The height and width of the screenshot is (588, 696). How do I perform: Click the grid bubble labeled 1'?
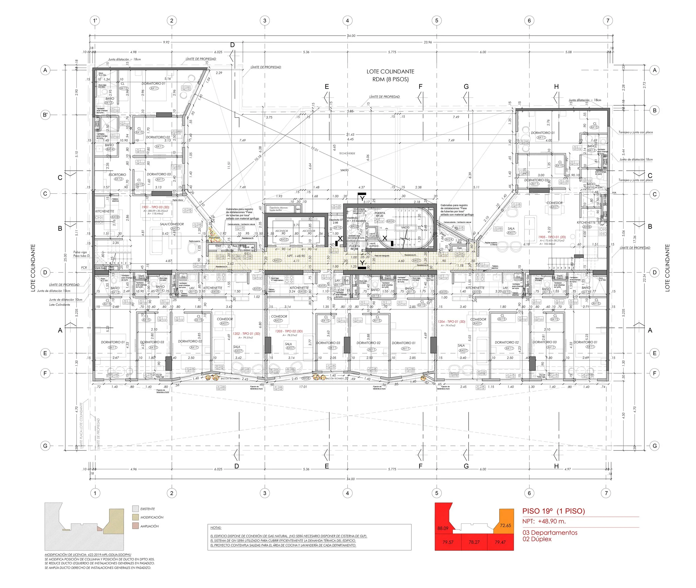(95, 21)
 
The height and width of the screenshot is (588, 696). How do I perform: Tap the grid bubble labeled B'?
(45, 115)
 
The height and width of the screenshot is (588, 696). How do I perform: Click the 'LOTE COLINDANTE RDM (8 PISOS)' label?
(390, 75)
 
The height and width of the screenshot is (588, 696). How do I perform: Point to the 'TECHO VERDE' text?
(347, 154)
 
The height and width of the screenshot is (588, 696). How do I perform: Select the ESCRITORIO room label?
(117, 175)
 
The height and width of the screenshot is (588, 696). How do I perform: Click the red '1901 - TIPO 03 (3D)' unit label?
(155, 207)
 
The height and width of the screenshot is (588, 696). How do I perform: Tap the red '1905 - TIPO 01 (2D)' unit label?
(552, 237)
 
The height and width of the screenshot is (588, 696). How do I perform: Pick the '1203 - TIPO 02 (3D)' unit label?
(289, 331)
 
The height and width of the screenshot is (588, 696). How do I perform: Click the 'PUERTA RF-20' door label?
(379, 214)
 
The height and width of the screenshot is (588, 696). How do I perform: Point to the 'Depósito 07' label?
(336, 220)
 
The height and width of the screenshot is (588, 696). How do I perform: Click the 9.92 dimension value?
(166, 42)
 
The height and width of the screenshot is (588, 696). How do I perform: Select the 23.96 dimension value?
(428, 42)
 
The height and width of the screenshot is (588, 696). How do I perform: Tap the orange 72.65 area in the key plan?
(505, 526)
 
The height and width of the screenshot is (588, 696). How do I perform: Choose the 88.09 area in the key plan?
(443, 528)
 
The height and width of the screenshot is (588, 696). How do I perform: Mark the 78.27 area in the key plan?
(474, 542)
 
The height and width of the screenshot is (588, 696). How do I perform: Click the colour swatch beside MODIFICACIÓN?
(135, 517)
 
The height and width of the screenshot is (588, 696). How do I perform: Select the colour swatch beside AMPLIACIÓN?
(135, 526)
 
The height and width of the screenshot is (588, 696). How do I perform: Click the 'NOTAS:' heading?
(216, 528)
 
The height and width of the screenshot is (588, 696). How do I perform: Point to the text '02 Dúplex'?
(537, 539)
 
